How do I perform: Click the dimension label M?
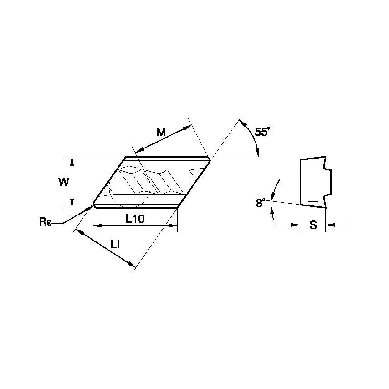click(161, 132)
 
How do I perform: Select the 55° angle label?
click(262, 132)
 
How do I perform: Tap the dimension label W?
click(64, 182)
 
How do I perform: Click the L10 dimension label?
click(135, 219)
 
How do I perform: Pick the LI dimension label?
click(115, 244)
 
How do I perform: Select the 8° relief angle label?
click(261, 203)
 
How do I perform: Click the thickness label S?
click(313, 225)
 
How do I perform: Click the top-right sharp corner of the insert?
click(210, 157)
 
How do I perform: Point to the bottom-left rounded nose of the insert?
click(94, 205)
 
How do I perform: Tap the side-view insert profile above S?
click(313, 182)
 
